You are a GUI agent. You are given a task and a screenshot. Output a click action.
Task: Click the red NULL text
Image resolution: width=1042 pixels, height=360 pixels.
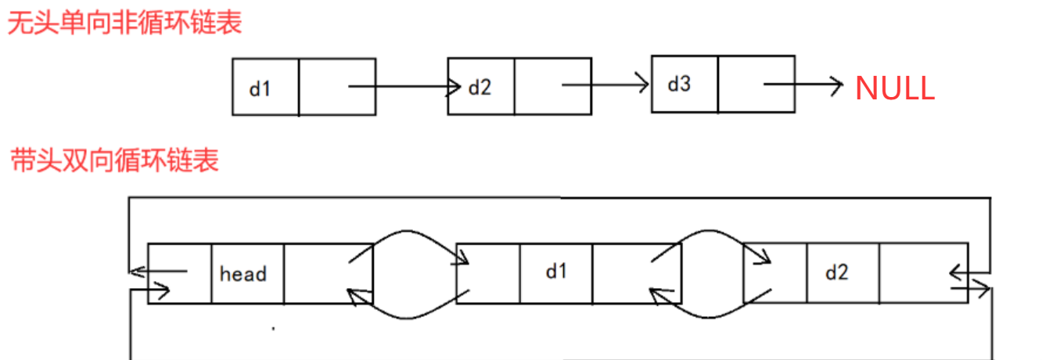(894, 88)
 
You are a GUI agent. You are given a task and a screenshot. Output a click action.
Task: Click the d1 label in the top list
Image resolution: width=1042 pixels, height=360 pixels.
(259, 88)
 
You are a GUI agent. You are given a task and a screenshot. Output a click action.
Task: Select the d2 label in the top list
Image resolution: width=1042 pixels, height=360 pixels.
(480, 87)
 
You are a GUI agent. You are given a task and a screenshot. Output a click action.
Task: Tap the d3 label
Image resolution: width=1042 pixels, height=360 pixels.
(678, 84)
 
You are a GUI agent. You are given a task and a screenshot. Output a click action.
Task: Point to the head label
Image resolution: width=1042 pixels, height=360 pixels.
(243, 274)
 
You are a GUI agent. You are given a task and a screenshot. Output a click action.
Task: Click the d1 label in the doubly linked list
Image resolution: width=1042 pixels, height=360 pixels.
(555, 272)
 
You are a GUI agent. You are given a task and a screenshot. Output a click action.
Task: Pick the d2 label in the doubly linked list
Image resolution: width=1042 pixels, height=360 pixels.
(836, 272)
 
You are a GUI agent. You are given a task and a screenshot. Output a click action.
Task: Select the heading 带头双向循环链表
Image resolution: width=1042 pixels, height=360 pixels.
(114, 160)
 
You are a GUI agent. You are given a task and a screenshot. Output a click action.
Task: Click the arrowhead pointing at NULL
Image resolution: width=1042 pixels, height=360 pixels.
(838, 84)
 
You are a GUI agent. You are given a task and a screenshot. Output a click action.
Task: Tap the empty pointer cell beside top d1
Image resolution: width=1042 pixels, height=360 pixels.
(336, 87)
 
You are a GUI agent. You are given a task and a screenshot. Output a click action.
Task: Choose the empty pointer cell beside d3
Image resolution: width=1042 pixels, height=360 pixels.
(756, 84)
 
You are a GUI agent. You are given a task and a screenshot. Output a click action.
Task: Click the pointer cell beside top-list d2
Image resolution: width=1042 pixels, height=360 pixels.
(552, 86)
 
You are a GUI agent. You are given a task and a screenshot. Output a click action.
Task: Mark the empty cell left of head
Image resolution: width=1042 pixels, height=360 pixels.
(180, 274)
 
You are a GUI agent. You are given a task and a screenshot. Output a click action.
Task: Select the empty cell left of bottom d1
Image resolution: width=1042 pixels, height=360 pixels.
(488, 273)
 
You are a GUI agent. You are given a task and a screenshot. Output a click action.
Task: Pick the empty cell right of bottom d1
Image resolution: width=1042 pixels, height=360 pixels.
(636, 273)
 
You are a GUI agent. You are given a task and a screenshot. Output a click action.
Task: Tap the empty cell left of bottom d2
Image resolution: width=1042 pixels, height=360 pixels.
(775, 272)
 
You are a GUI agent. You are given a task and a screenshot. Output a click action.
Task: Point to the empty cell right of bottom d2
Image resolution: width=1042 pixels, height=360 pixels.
(923, 272)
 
